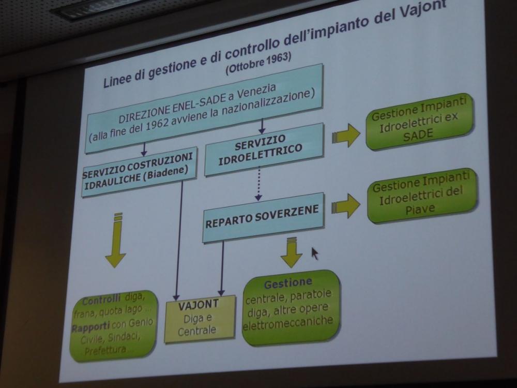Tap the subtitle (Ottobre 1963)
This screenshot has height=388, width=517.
click(258, 63)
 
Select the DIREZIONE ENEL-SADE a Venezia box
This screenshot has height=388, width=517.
click(204, 108)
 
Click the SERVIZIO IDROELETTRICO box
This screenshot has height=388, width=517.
click(264, 149)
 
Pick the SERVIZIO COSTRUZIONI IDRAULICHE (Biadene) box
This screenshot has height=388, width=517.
click(139, 171)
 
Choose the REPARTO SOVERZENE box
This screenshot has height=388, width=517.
click(263, 217)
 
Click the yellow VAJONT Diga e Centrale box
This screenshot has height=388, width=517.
click(200, 318)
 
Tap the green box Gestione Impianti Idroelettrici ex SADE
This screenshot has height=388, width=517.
click(419, 121)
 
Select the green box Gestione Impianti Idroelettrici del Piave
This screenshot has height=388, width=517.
click(422, 196)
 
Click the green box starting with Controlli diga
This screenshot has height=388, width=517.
click(113, 325)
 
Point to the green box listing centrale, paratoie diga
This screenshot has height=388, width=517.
click(290, 307)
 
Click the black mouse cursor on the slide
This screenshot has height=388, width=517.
click(315, 253)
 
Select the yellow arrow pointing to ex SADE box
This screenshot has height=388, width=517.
click(346, 136)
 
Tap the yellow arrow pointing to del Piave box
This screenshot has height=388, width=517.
click(346, 206)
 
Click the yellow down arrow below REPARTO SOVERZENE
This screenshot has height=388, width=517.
click(292, 252)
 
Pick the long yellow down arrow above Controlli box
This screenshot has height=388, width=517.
click(116, 240)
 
